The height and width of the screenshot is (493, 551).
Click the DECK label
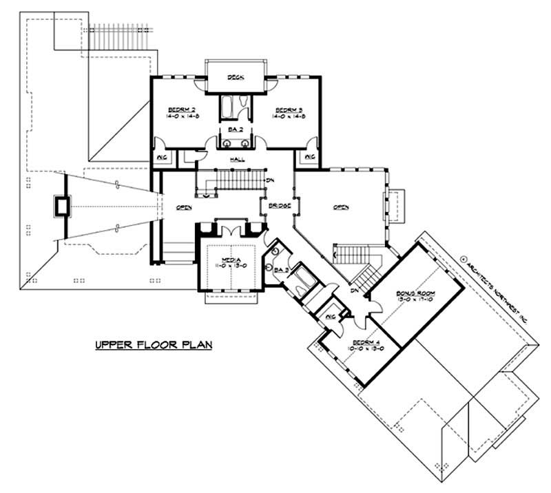coord(236,78)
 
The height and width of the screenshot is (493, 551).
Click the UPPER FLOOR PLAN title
coord(153,342)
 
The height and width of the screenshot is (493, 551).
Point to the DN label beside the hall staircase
coord(271,181)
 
